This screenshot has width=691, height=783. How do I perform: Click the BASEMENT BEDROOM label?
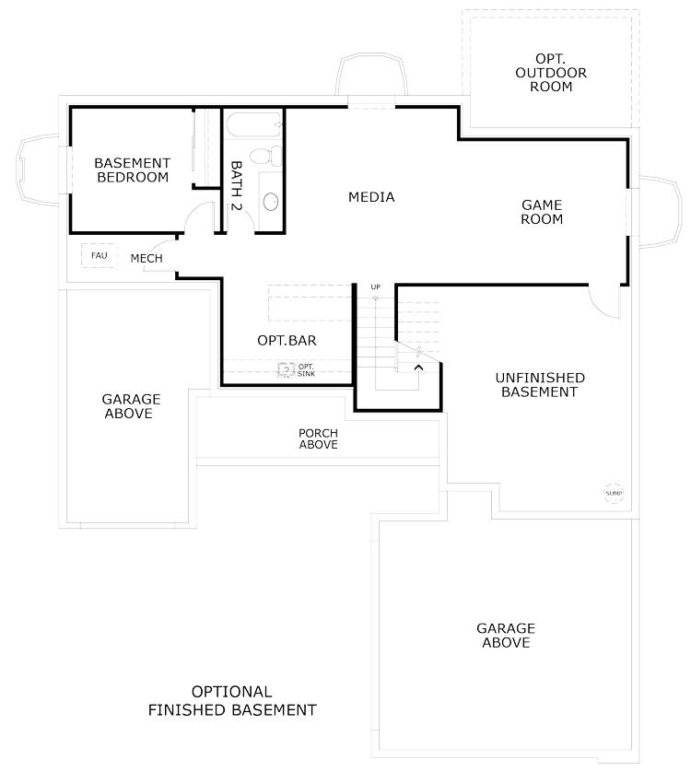coord(133,169)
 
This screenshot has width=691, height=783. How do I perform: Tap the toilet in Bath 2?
coord(265,156)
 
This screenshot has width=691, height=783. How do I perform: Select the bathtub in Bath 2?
coord(253,124)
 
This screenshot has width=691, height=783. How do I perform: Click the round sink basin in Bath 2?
coord(271,201)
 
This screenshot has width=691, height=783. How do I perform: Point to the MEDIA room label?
coord(371,197)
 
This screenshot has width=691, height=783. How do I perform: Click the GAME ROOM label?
coord(542,212)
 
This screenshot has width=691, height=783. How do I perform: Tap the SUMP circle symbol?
coord(614,493)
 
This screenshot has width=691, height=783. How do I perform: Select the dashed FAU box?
coord(99,255)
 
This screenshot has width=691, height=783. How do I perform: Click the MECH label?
coord(146,258)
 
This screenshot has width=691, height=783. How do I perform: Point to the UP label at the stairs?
coord(376,286)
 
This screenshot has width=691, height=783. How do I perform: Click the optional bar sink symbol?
coord(286,370)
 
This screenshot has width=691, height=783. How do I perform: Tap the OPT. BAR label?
coord(287,341)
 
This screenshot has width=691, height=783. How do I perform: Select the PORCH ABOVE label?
coord(318,438)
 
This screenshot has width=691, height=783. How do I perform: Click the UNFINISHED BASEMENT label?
coord(540,384)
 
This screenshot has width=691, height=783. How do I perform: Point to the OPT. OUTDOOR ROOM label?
coord(551,73)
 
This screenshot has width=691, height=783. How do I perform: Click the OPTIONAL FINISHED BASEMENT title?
coord(232,701)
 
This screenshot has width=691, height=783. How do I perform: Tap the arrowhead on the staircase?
coord(418,368)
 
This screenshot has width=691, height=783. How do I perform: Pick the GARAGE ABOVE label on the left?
coord(132,406)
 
